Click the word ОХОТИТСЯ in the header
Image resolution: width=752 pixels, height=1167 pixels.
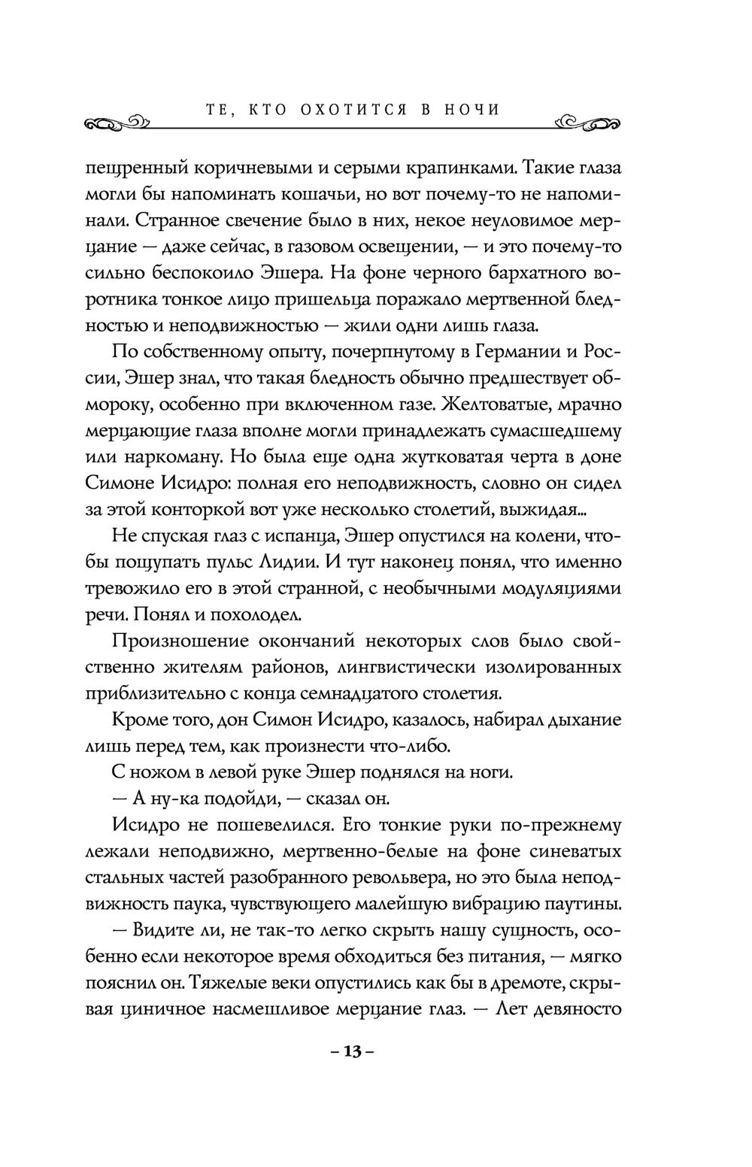(x=348, y=110)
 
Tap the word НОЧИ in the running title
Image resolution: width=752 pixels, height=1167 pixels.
(x=471, y=110)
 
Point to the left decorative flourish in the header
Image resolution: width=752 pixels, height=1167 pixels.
(x=117, y=123)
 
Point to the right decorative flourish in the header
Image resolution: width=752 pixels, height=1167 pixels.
(x=587, y=122)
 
